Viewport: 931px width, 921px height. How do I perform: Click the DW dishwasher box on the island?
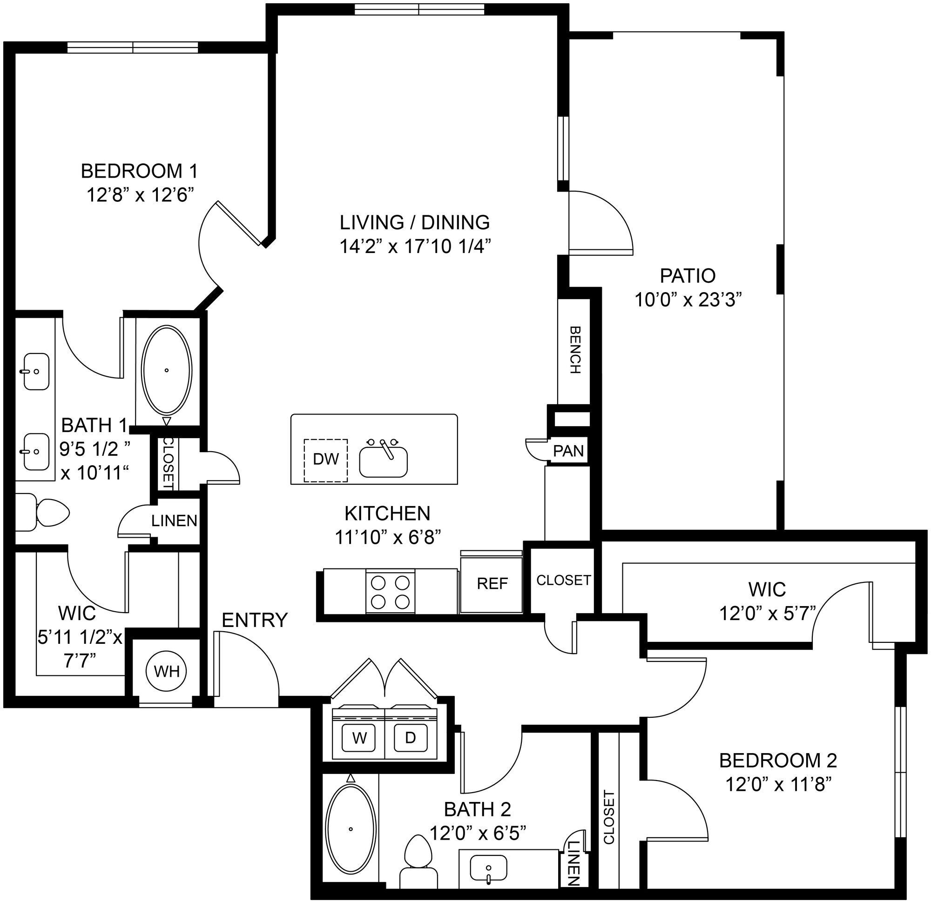pyautogui.click(x=325, y=459)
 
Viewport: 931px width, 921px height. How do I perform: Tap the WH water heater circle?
pyautogui.click(x=167, y=671)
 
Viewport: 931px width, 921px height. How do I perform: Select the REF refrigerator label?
pyautogui.click(x=492, y=583)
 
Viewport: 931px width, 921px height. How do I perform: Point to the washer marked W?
pyautogui.click(x=359, y=738)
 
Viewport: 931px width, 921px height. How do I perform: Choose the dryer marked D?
pyautogui.click(x=410, y=738)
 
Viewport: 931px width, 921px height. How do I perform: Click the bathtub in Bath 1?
pyautogui.click(x=166, y=370)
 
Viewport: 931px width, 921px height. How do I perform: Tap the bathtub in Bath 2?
pyautogui.click(x=351, y=828)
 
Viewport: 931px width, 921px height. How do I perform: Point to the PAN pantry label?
pyautogui.click(x=568, y=451)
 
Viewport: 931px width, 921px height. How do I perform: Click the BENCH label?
pyautogui.click(x=575, y=350)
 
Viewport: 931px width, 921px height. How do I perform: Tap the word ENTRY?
pyautogui.click(x=255, y=620)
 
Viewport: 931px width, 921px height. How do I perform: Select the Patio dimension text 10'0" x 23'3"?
pyautogui.click(x=687, y=300)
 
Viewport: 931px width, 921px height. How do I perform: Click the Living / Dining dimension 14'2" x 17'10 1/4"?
pyautogui.click(x=415, y=247)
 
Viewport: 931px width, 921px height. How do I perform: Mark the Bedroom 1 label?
pyautogui.click(x=139, y=171)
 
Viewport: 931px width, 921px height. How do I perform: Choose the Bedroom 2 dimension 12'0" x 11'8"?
pyautogui.click(x=779, y=785)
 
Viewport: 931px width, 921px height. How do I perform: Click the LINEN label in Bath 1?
pyautogui.click(x=174, y=521)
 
